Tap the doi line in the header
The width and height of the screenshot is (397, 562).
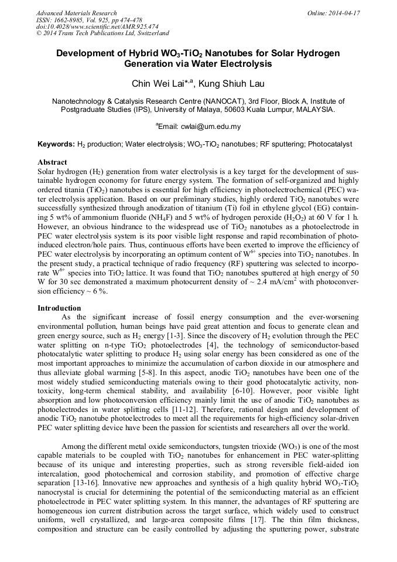pyautogui.click(x=97, y=27)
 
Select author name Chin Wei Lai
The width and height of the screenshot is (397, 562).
pyautogui.click(x=155, y=83)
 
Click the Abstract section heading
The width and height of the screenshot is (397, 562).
pyautogui.click(x=52, y=162)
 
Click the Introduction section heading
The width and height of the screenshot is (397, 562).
pyautogui.click(x=59, y=308)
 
